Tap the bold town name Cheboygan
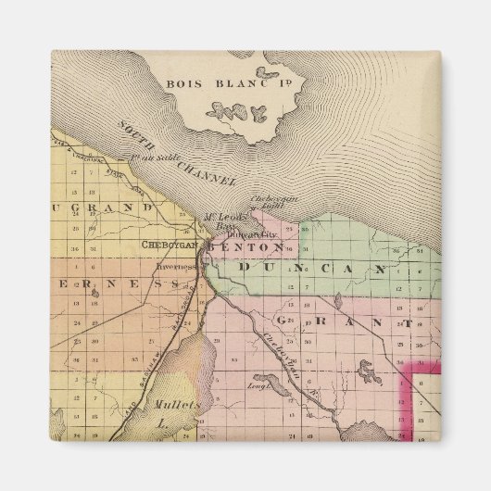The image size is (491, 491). click(169, 245)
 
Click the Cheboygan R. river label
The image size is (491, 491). click(288, 356)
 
